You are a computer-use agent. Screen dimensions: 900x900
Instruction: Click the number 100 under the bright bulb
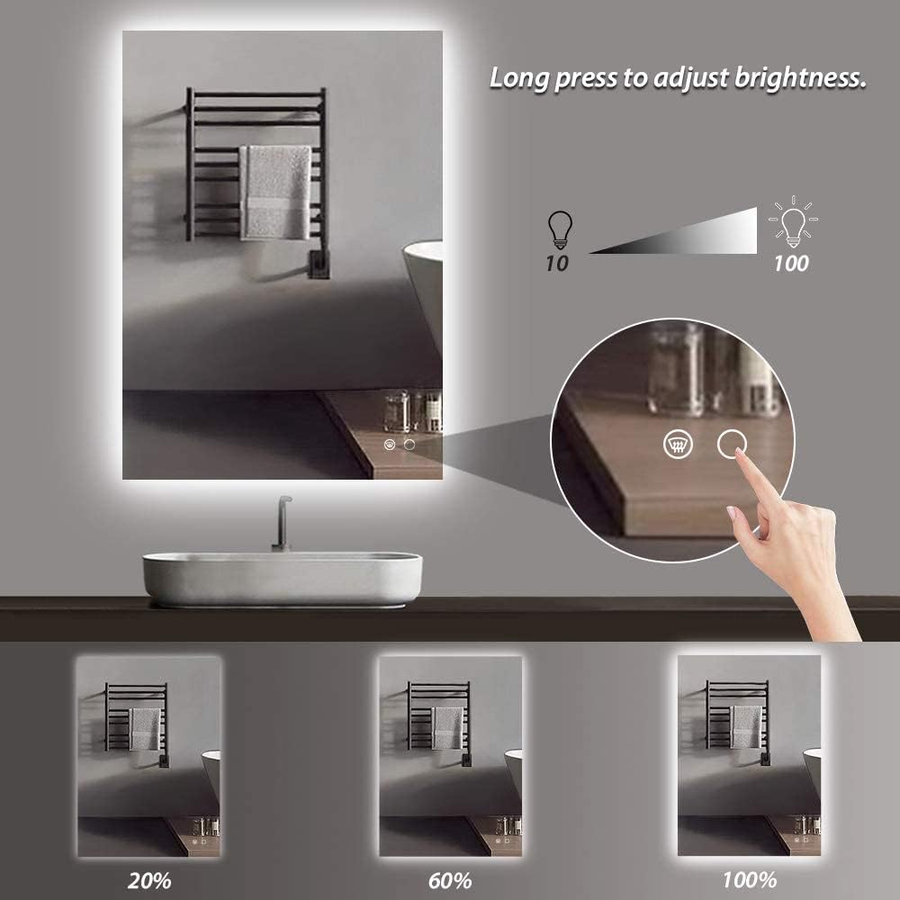click(x=790, y=263)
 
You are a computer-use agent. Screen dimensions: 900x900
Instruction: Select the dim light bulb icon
click(x=559, y=229)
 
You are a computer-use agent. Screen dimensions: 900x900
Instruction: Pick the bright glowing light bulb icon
click(x=791, y=221)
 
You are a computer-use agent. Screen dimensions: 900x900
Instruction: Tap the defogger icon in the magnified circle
click(x=677, y=443)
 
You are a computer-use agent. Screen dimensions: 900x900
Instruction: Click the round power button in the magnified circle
click(x=733, y=443)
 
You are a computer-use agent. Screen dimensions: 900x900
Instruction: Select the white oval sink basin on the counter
click(x=282, y=578)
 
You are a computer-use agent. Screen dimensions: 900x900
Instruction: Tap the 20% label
click(x=149, y=878)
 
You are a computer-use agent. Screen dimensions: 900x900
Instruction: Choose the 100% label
click(x=750, y=877)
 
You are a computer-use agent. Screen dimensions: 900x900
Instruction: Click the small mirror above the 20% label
click(x=148, y=756)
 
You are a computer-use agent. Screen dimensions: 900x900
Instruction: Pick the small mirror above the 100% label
click(x=749, y=756)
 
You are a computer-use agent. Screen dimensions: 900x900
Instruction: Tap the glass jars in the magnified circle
click(x=711, y=369)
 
